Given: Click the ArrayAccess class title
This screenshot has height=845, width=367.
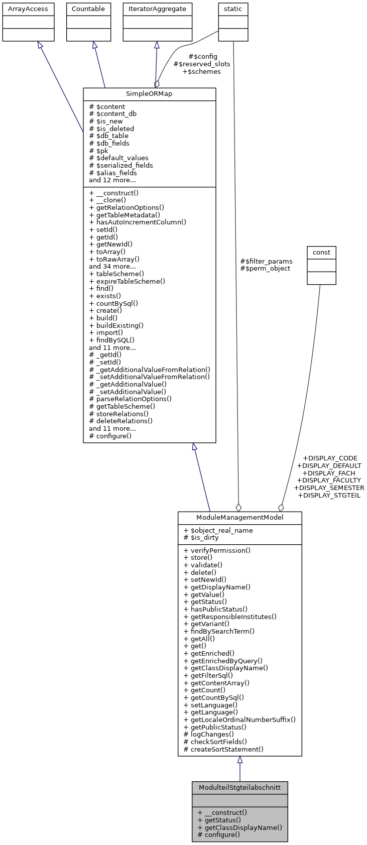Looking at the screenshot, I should tap(28, 9).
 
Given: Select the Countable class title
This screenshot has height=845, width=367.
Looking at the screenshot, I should tap(88, 9).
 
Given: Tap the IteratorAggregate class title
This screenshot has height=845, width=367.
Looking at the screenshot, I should tap(157, 9).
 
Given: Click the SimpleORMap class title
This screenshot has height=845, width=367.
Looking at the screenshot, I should tap(149, 94).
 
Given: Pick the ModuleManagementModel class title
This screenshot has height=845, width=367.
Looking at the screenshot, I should tap(239, 518).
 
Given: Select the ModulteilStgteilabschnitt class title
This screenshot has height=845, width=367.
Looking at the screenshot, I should tap(239, 787).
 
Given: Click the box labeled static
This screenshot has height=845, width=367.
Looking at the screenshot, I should tap(232, 9).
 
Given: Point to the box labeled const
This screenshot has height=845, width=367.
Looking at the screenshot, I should tap(321, 252).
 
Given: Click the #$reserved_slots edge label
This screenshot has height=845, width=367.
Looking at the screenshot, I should tap(202, 64).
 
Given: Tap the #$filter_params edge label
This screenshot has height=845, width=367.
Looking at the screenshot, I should tap(266, 261).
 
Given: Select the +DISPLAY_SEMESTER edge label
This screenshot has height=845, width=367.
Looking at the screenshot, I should tap(329, 488).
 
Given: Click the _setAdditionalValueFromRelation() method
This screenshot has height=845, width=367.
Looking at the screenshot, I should tap(149, 377).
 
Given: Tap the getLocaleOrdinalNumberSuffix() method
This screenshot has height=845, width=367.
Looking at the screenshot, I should tap(239, 719).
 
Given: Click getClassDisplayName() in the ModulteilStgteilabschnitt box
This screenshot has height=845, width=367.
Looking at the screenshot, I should tap(239, 827).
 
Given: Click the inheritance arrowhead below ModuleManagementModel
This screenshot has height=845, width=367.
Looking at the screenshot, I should tap(240, 760).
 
